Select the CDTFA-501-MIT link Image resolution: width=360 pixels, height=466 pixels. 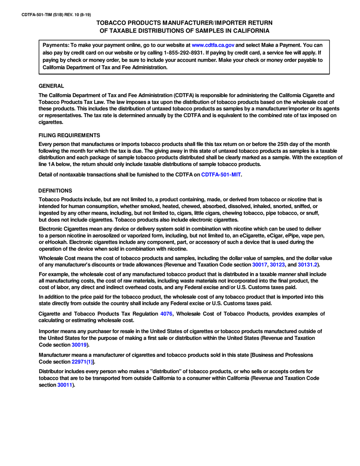tap(221, 175)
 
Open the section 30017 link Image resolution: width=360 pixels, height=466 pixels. tap(260, 265)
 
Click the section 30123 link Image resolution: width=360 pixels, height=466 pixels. tap(277, 265)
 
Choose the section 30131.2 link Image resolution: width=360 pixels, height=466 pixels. tap(307, 265)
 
